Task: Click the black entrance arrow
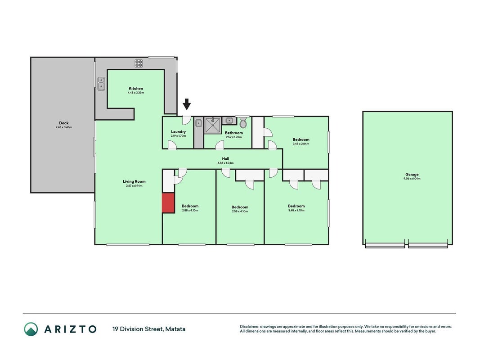(x=187, y=104)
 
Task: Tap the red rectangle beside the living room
(x=168, y=202)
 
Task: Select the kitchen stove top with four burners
(x=139, y=63)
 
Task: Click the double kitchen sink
(x=101, y=84)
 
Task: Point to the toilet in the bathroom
(x=243, y=122)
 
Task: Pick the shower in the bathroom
(x=213, y=125)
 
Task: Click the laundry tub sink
(x=199, y=123)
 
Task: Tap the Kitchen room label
(x=135, y=89)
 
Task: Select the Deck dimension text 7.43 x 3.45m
(x=64, y=127)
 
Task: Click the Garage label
(x=412, y=175)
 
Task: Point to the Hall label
(x=226, y=158)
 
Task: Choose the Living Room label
(x=134, y=181)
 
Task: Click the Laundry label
(x=178, y=132)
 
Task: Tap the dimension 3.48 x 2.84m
(x=301, y=144)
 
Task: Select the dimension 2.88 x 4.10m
(x=190, y=211)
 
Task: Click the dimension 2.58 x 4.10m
(x=240, y=211)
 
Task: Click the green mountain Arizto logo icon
(x=31, y=329)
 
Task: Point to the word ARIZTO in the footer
(x=71, y=329)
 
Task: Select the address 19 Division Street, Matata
(x=149, y=329)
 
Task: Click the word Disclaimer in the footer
(x=250, y=327)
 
